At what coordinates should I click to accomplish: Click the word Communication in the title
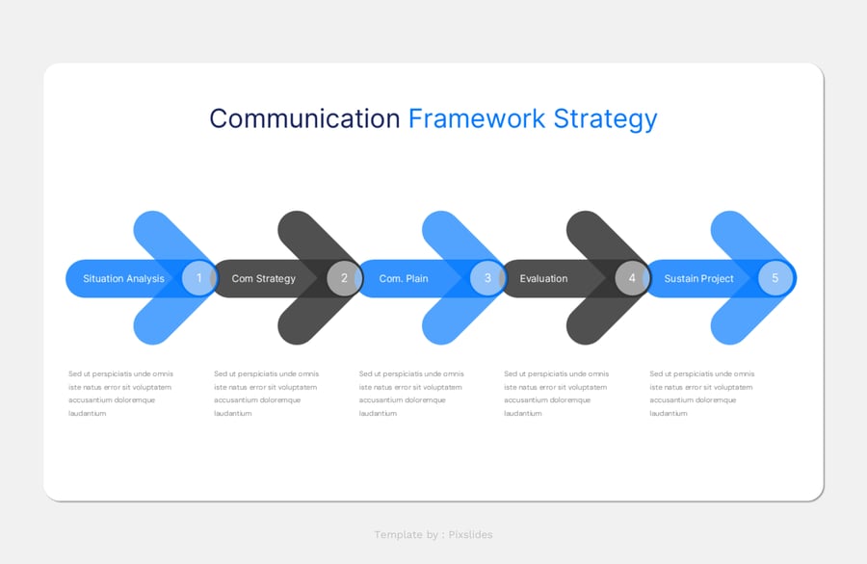(304, 118)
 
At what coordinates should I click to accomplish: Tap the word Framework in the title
(477, 118)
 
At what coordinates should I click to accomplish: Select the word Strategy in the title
(605, 118)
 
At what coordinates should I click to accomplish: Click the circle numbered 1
(199, 278)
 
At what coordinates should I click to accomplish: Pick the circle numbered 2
(344, 278)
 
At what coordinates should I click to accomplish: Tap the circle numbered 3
(487, 278)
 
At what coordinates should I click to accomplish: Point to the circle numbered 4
(632, 278)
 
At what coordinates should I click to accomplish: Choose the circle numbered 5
(775, 278)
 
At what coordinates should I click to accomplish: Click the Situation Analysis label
(123, 279)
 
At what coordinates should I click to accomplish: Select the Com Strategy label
(263, 279)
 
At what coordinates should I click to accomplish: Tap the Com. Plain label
(404, 279)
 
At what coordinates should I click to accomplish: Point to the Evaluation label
(543, 279)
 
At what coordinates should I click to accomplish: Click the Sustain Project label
(698, 279)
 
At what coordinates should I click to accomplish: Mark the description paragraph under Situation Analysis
(120, 394)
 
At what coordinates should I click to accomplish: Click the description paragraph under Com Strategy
(266, 394)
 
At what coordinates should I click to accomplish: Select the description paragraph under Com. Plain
(411, 394)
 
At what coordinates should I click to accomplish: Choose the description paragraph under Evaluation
(557, 394)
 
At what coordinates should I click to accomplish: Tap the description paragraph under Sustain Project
(702, 394)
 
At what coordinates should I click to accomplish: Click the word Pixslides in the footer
(470, 535)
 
